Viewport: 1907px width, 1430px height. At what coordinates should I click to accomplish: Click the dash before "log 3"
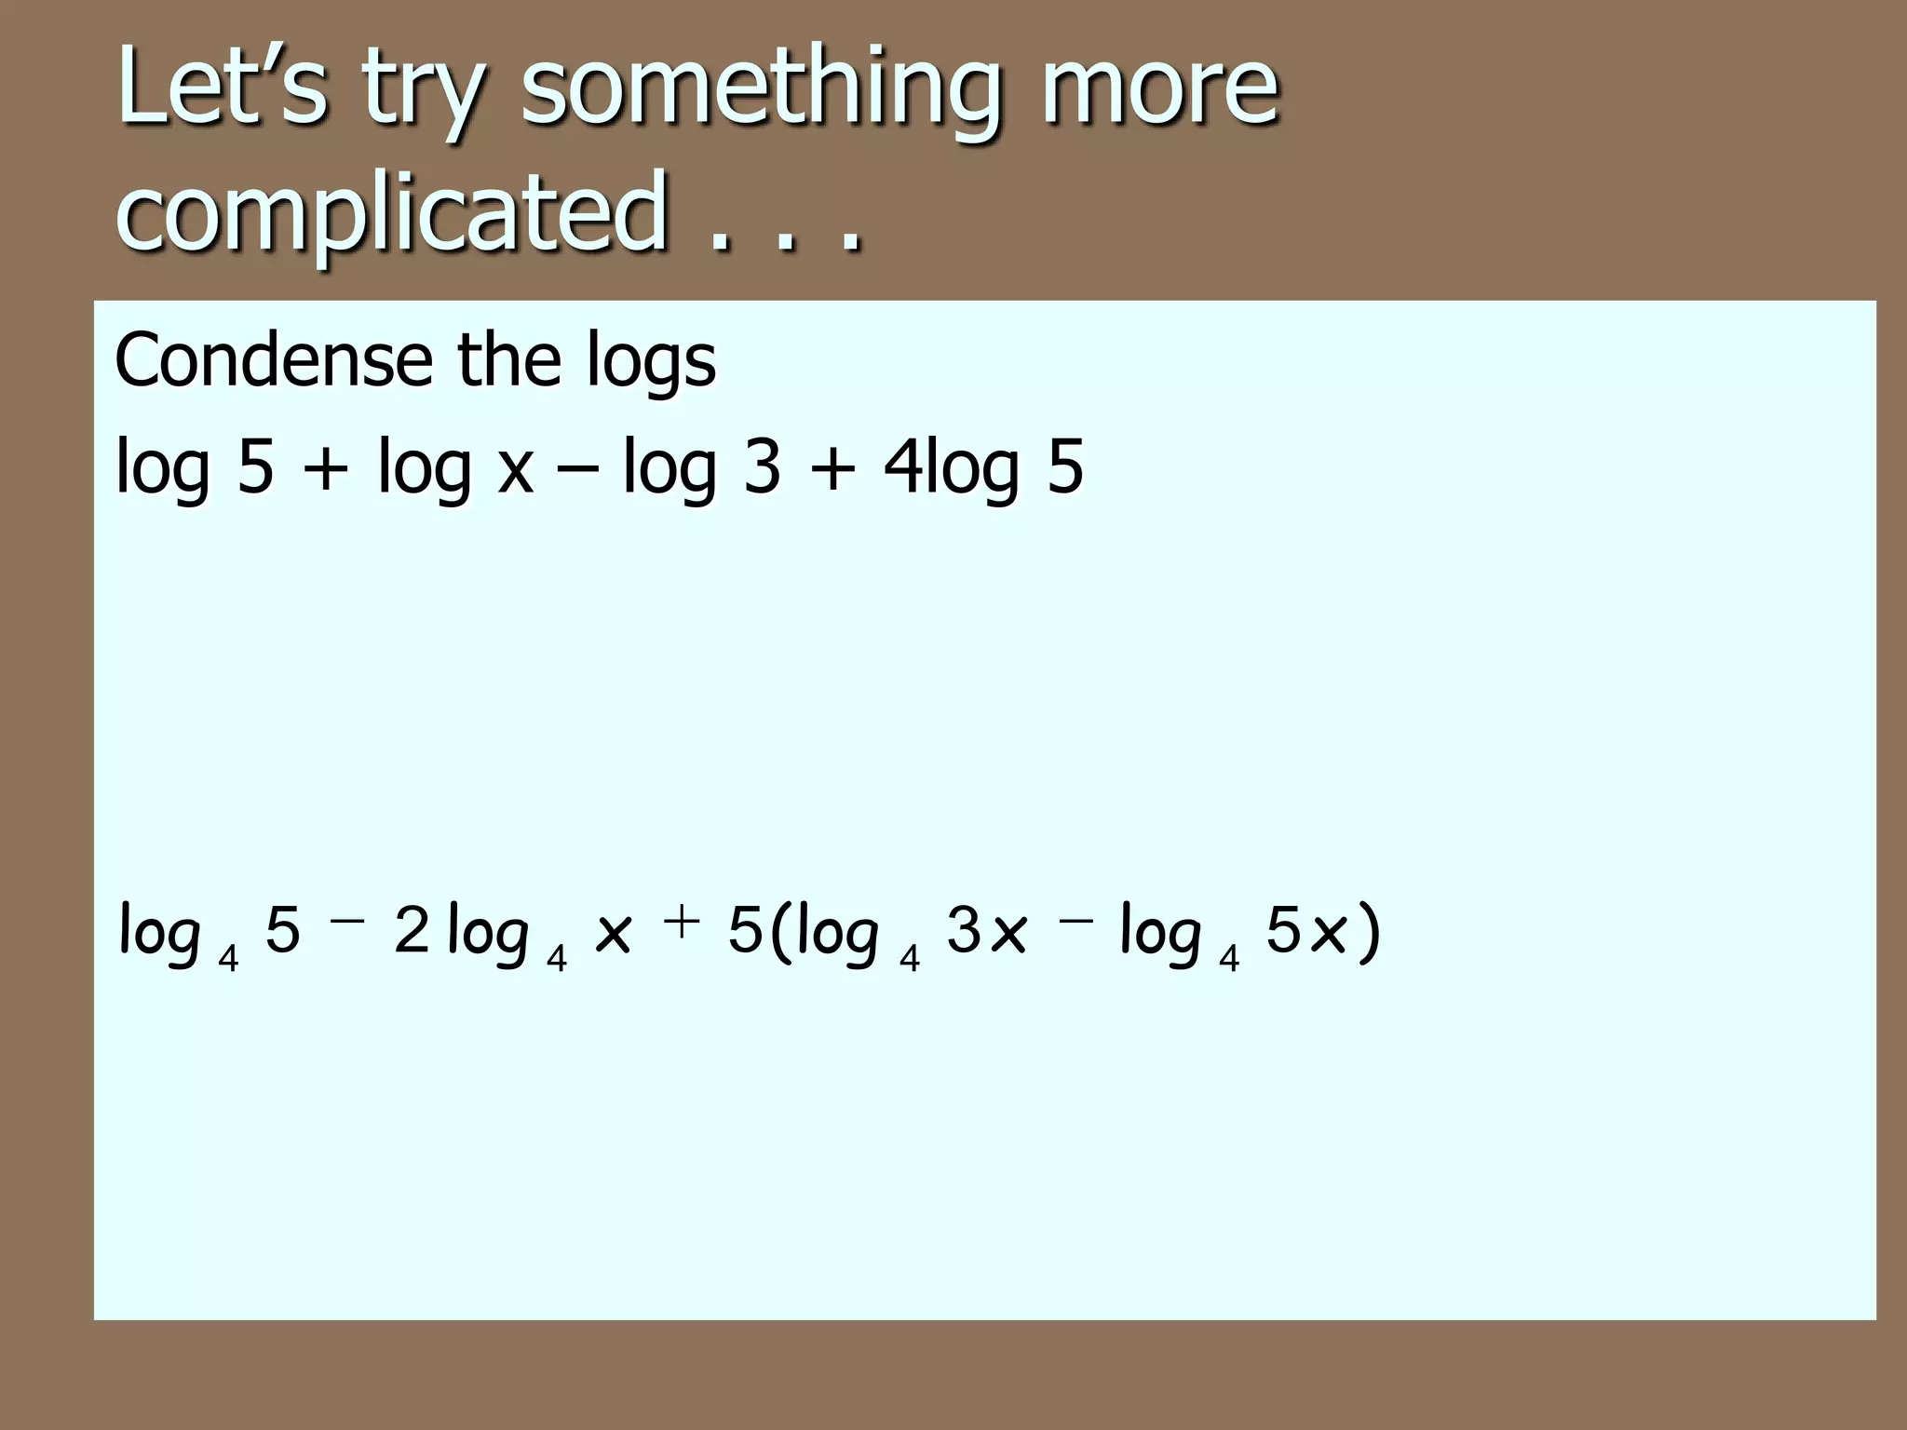pyautogui.click(x=577, y=468)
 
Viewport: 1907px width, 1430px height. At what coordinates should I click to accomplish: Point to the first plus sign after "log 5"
pyautogui.click(x=325, y=468)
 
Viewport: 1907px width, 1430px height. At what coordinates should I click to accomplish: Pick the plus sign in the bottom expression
pyautogui.click(x=682, y=922)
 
